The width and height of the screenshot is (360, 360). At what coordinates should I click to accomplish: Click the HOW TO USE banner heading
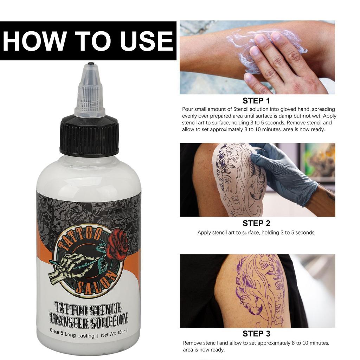[88, 41]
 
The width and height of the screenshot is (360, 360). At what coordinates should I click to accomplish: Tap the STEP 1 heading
[256, 101]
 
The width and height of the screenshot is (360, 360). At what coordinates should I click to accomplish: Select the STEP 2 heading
[256, 223]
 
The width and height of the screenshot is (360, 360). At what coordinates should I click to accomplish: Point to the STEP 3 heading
[256, 334]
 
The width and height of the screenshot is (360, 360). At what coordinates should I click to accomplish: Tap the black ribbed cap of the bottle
[89, 137]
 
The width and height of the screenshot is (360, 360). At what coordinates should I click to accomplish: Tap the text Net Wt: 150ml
[114, 335]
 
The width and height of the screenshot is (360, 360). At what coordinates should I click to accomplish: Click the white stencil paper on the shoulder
[239, 179]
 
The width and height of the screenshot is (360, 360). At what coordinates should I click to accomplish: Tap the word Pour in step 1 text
[188, 109]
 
